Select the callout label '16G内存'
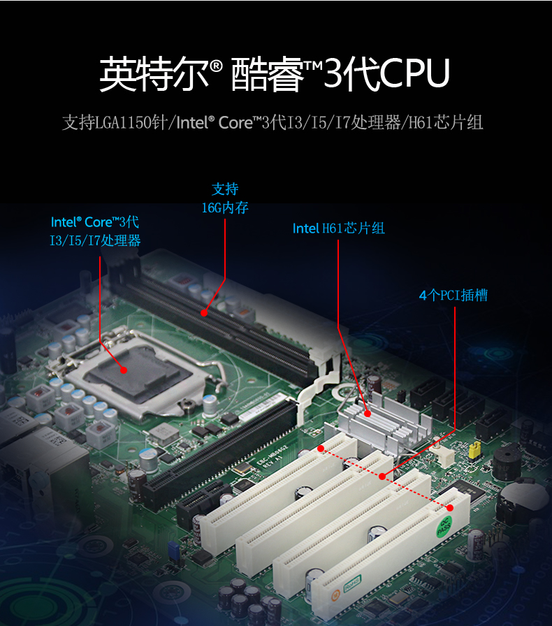tap(225, 208)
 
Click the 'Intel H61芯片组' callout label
tap(338, 228)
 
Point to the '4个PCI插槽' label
tap(453, 296)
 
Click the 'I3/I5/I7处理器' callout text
tap(95, 241)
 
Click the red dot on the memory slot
tap(203, 313)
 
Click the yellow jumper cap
tap(475, 449)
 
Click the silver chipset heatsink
tap(378, 423)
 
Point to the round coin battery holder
tap(522, 500)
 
